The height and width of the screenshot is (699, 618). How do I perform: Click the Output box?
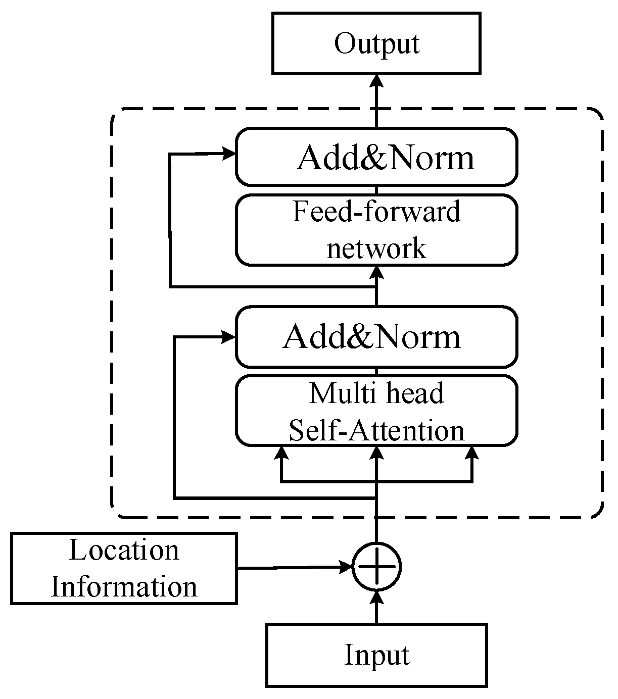tap(376, 43)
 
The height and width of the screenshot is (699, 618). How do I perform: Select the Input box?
tap(376, 655)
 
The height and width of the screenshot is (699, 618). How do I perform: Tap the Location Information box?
tap(124, 569)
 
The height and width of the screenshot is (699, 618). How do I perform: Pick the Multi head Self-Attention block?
tap(376, 411)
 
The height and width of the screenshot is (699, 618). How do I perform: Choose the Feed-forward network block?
tap(376, 230)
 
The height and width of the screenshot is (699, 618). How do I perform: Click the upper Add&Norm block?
tap(376, 157)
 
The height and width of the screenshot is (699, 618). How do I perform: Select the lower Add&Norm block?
tap(376, 336)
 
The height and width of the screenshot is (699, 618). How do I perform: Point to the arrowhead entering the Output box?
tap(376, 81)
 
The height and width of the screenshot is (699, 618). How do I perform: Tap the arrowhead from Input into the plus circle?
tap(376, 596)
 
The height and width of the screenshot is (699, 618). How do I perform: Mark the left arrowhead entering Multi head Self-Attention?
tap(281, 453)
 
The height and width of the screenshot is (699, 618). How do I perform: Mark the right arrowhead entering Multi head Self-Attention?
tap(472, 453)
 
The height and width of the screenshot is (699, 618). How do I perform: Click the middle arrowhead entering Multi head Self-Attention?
tap(376, 453)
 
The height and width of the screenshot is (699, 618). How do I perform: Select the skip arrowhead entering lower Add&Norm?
tap(230, 336)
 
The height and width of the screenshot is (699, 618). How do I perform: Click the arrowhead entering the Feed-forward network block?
tap(376, 272)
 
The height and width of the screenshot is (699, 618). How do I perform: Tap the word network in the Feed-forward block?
tap(376, 249)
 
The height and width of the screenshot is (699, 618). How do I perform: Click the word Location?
tap(124, 551)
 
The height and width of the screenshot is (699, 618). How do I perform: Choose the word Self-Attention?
tap(376, 430)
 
